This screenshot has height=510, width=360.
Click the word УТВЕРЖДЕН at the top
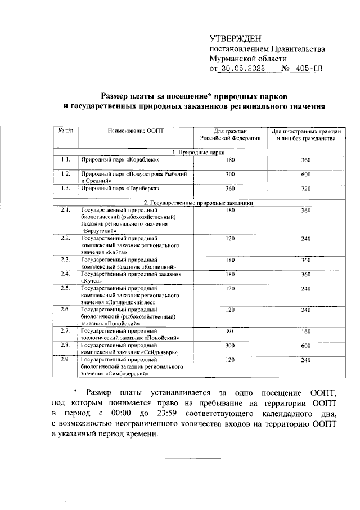pos(236,39)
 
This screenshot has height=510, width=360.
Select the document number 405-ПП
pos(310,69)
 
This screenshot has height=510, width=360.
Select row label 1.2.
pos(65,173)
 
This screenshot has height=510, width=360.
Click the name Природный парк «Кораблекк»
pos(117,160)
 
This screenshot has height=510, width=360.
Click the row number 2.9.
pos(65,359)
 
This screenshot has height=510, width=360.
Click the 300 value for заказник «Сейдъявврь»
pos(229,345)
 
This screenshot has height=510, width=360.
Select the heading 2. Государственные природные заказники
pos(199,202)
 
